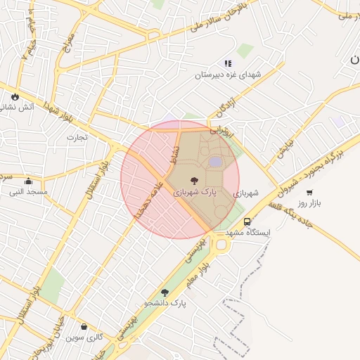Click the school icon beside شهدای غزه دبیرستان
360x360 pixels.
pyautogui.click(x=228, y=63)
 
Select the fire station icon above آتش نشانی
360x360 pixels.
pyautogui.click(x=14, y=96)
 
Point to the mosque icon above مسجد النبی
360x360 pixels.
pyautogui.click(x=28, y=181)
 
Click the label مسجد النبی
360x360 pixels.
pyautogui.click(x=28, y=191)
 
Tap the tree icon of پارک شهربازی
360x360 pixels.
pyautogui.click(x=195, y=180)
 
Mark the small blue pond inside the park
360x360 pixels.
pyautogui.click(x=214, y=162)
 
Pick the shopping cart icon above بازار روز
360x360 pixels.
pyautogui.click(x=309, y=192)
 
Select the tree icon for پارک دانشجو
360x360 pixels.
pyautogui.click(x=165, y=292)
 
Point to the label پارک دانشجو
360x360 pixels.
pyautogui.click(x=165, y=303)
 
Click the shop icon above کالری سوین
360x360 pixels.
pyautogui.click(x=84, y=327)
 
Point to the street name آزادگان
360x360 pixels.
pyautogui.click(x=223, y=108)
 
